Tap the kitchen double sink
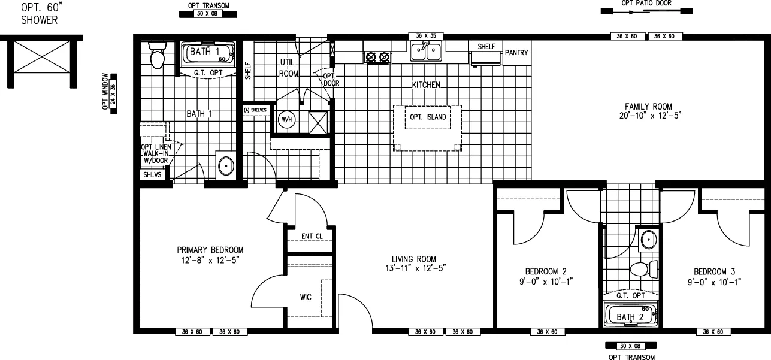tap(426, 53)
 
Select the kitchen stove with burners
tap(377, 58)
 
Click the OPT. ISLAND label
tap(427, 117)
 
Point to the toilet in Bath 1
tap(157, 57)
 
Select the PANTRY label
tap(516, 53)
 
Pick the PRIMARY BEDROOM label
tap(210, 250)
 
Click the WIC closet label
tap(306, 297)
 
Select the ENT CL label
tap(312, 236)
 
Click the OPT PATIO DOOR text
tap(646, 3)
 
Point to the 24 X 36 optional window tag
tap(113, 94)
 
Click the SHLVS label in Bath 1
tap(151, 175)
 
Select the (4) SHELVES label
tap(255, 110)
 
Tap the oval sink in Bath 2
tap(648, 240)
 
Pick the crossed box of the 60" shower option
tap(41, 62)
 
